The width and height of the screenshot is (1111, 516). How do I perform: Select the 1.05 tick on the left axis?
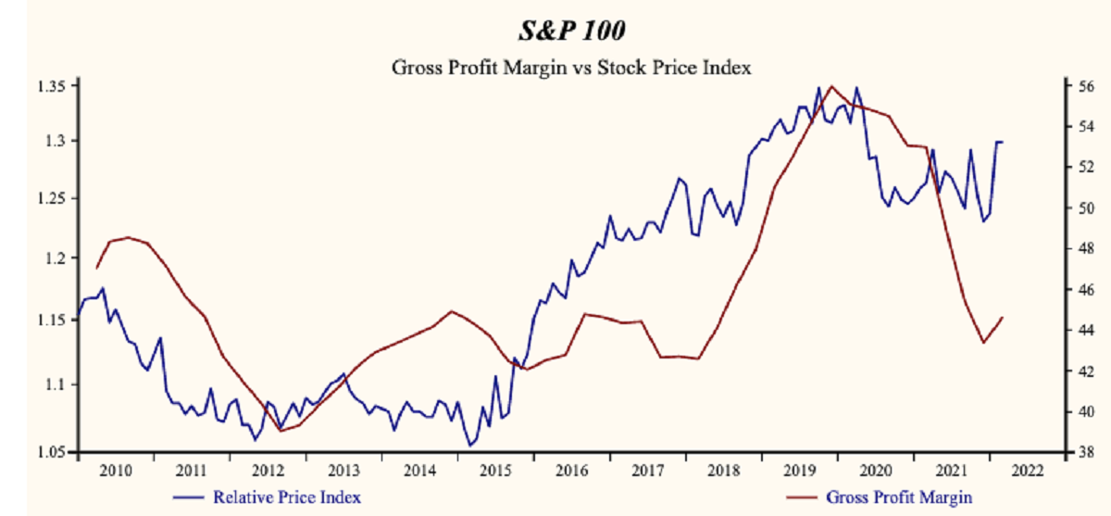coord(52,452)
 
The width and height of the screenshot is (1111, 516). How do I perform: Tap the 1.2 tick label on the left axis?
coord(56,258)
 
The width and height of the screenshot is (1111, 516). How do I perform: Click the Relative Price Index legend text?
coord(287,497)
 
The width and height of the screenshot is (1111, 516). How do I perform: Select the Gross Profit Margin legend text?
coord(899,497)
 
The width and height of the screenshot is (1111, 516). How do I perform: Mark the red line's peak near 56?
coord(830,86)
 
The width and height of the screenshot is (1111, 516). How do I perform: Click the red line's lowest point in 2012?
coord(280,431)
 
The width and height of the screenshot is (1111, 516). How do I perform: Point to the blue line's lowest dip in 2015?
coord(470,446)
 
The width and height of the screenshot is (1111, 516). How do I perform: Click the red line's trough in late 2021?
coord(984,343)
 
